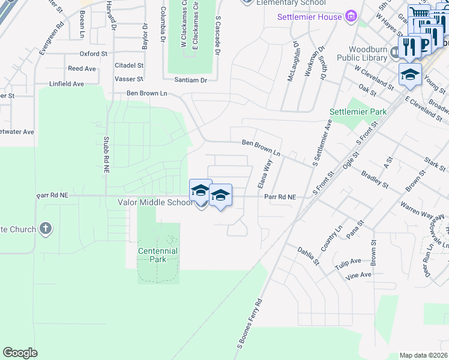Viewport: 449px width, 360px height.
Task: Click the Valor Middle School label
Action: pos(154,203)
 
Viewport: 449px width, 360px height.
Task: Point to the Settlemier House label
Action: pos(309,16)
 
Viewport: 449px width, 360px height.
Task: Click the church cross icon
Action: pos(45,229)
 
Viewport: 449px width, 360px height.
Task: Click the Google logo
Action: pos(20,353)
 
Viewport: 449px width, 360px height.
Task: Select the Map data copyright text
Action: pos(424,355)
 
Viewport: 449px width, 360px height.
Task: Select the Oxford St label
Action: pos(93,53)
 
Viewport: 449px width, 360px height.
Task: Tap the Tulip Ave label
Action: pos(348,262)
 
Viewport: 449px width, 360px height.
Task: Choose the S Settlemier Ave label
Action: pos(321,142)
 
